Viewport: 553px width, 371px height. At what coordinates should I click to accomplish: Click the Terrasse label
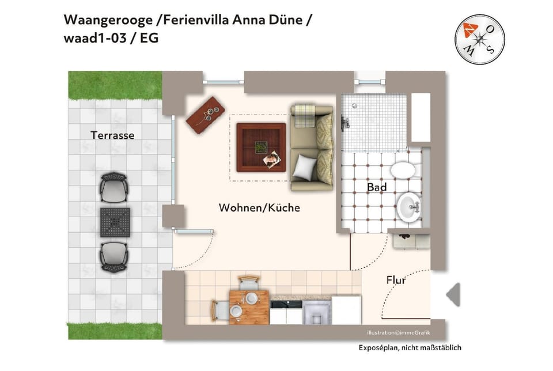(x=112, y=135)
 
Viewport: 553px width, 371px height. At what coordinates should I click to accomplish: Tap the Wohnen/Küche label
(x=259, y=208)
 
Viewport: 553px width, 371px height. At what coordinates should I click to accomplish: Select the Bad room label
(x=377, y=187)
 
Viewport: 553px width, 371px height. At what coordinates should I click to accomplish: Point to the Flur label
(x=396, y=281)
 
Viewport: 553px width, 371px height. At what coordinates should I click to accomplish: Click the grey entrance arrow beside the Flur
(x=453, y=295)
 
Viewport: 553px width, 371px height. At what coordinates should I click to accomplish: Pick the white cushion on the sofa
(x=305, y=167)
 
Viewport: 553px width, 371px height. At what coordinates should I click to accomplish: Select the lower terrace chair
(x=113, y=258)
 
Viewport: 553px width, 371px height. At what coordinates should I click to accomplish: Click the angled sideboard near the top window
(x=206, y=115)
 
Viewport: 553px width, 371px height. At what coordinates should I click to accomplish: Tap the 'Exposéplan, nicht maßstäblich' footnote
(x=410, y=347)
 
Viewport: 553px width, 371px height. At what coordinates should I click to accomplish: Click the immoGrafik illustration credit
(x=399, y=333)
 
